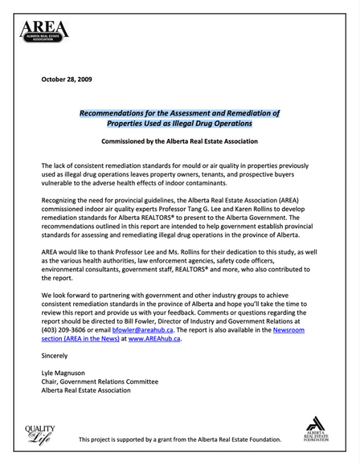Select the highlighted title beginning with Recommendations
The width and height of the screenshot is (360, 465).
(x=179, y=117)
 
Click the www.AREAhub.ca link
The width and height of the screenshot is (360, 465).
(x=154, y=339)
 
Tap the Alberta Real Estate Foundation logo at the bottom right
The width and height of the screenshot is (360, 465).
(x=317, y=428)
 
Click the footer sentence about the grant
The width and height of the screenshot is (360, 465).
(x=180, y=440)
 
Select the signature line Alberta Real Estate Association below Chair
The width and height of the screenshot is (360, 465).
(x=86, y=390)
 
